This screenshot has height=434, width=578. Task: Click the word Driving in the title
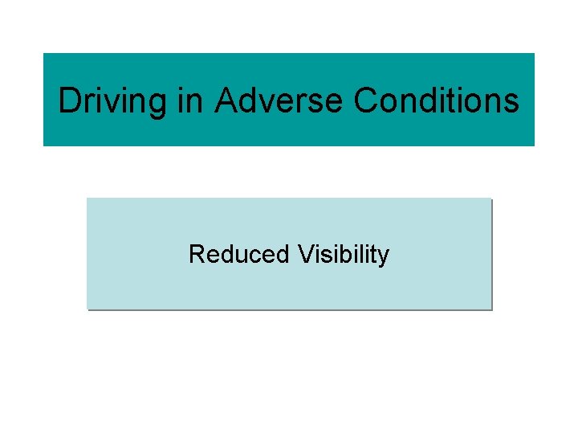pyautogui.click(x=112, y=101)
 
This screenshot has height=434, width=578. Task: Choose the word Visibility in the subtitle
pyautogui.click(x=343, y=254)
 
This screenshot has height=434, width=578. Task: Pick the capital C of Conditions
pyautogui.click(x=364, y=101)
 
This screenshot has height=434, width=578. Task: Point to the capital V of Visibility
pyautogui.click(x=304, y=254)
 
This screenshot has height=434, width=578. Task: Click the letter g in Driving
pyautogui.click(x=156, y=104)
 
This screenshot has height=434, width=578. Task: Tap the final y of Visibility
pyautogui.click(x=384, y=257)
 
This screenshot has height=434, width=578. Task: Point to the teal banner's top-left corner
pyautogui.click(x=44, y=55)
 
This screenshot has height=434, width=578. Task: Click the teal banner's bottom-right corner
pyautogui.click(x=533, y=145)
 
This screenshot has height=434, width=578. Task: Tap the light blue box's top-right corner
pyautogui.click(x=490, y=199)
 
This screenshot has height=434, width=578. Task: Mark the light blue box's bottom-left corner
pyautogui.click(x=88, y=308)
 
